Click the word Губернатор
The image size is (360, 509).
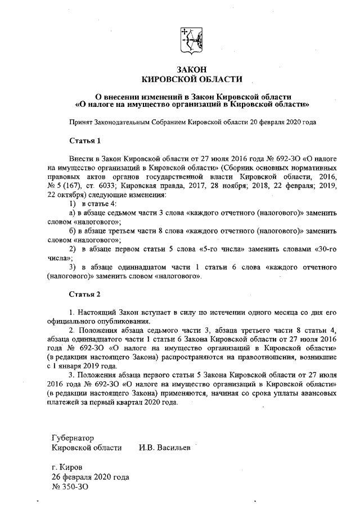[x=72, y=438]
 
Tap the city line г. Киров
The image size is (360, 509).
[x=66, y=467]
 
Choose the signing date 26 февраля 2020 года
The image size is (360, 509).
[x=90, y=477]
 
